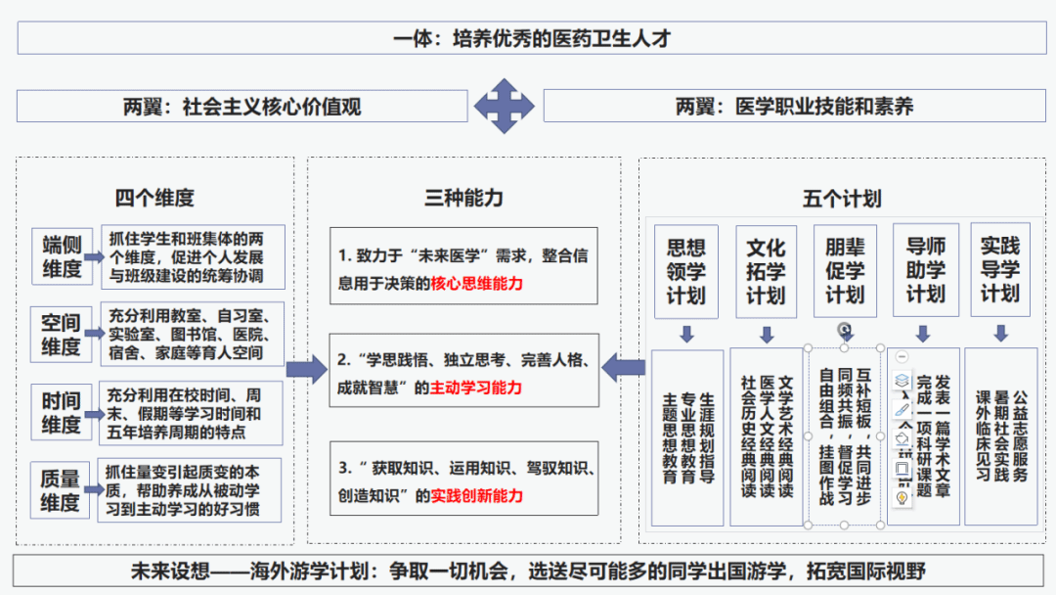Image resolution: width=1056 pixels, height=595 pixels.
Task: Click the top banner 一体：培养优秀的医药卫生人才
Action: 527,38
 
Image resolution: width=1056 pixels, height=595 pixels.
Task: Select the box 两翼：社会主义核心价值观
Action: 242,106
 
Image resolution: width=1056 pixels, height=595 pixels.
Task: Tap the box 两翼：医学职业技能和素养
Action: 794,106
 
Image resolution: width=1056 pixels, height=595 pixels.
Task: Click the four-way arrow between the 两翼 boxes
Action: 504,106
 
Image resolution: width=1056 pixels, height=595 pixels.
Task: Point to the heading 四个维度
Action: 154,198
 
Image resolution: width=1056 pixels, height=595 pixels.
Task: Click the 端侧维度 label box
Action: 61,255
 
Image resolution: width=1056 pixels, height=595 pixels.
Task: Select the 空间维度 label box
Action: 61,335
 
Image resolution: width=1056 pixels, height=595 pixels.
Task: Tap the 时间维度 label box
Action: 61,413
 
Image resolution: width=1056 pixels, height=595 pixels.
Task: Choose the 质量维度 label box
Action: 61,491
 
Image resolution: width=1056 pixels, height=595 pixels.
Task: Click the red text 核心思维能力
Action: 477,285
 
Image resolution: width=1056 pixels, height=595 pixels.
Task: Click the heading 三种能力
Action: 463,198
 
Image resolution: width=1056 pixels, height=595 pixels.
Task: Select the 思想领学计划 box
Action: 685,271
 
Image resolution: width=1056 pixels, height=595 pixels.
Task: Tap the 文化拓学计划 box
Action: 766,271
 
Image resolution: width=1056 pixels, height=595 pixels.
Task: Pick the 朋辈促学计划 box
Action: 845,271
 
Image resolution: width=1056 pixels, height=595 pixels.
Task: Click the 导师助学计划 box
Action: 925,271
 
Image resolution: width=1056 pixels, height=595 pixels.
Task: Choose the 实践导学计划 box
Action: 999,271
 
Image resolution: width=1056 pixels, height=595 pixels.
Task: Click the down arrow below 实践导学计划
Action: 1000,334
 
